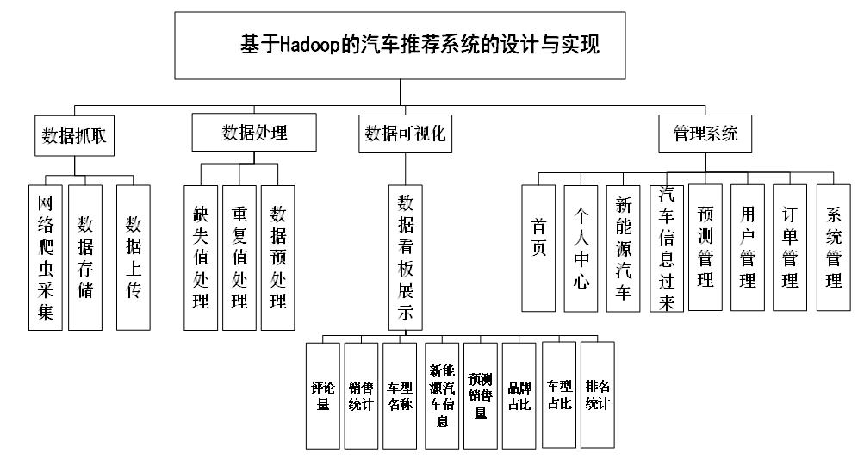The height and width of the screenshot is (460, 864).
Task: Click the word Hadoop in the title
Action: point(310,45)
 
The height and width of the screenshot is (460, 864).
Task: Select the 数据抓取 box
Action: point(74,135)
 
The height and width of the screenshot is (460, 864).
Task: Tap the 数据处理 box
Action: point(254,132)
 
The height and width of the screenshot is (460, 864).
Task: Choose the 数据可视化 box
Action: point(405,134)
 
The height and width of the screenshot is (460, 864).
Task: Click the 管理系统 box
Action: point(705,134)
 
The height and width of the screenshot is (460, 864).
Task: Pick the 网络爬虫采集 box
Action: point(45,258)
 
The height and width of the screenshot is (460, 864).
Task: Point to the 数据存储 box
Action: point(85,258)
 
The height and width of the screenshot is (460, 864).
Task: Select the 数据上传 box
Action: point(134,258)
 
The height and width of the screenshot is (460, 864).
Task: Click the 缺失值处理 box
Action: point(201,258)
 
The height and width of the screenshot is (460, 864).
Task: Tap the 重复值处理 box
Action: point(239,258)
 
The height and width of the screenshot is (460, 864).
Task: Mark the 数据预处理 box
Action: point(277,258)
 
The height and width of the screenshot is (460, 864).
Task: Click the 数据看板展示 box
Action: point(406,258)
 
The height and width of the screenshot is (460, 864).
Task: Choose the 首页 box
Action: point(538,248)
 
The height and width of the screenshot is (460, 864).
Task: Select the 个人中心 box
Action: point(581,248)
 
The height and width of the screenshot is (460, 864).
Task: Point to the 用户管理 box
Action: point(747,247)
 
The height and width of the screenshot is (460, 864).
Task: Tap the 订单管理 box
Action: point(790,247)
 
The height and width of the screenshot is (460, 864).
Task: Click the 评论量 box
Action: point(323,396)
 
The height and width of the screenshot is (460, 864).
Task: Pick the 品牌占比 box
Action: point(519,396)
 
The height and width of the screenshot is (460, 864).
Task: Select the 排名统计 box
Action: point(597,395)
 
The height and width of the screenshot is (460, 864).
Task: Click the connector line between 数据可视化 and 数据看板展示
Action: point(406,169)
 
